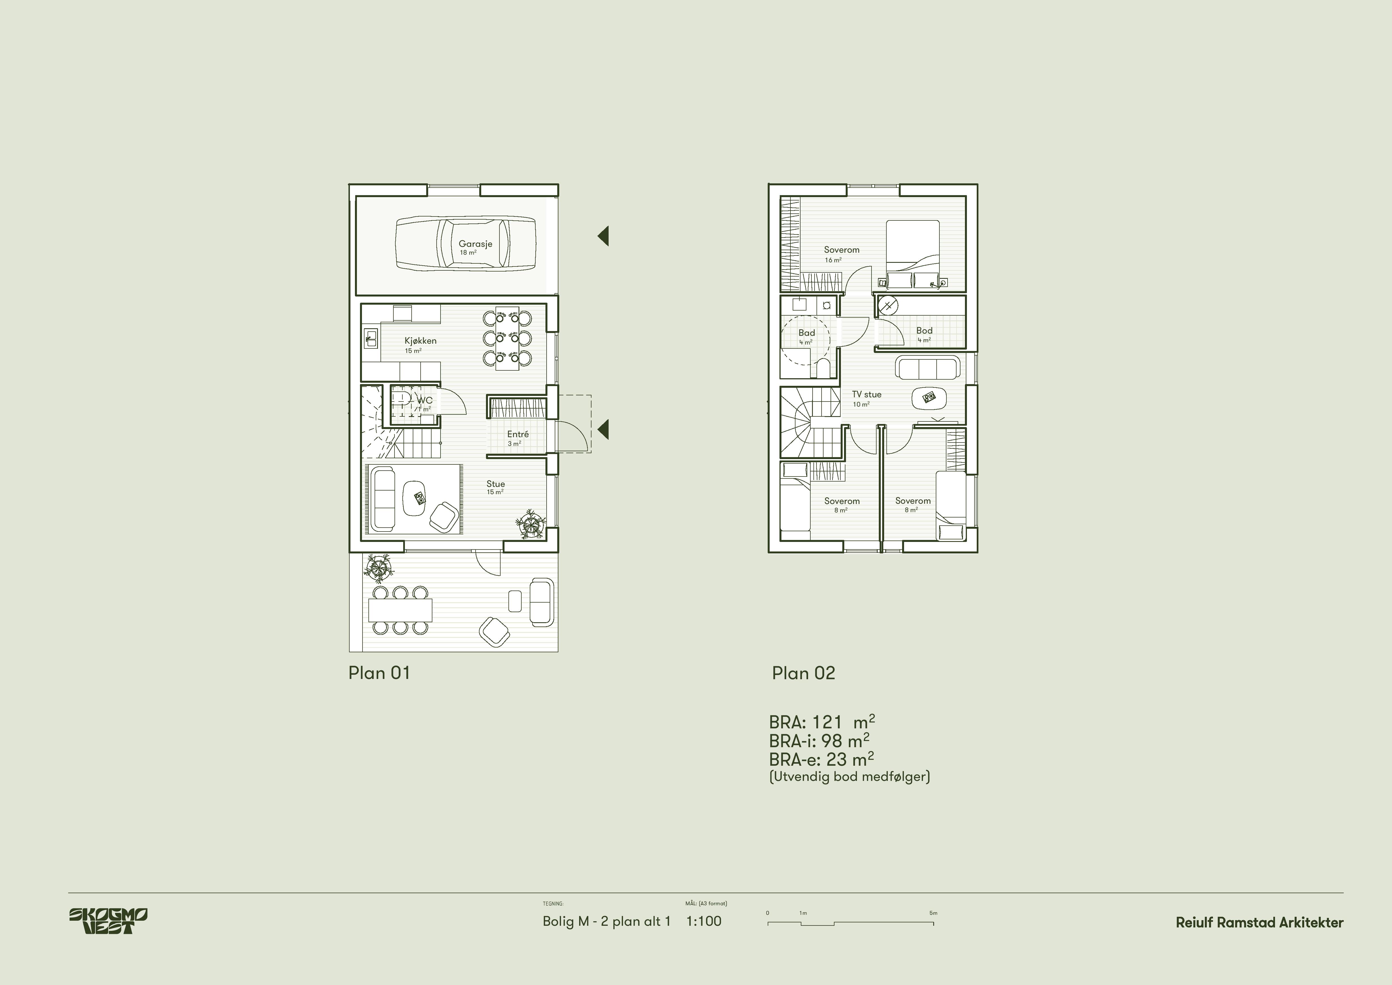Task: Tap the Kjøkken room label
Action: point(420,341)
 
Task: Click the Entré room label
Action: point(518,434)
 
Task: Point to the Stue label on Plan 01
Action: point(495,484)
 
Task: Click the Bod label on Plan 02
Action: point(924,330)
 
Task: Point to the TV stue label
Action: point(866,394)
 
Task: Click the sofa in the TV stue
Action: point(928,368)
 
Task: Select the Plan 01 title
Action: point(379,673)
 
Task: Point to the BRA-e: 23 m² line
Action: point(822,759)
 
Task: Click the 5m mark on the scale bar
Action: point(933,913)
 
